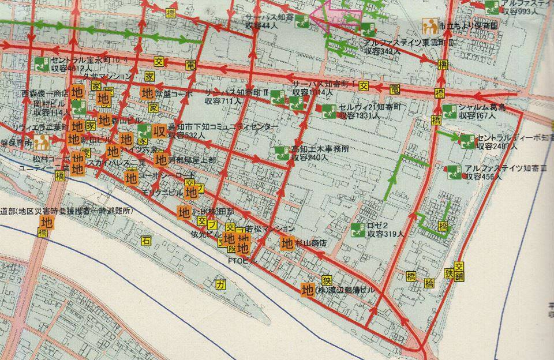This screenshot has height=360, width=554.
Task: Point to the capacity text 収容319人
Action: (384, 234)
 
